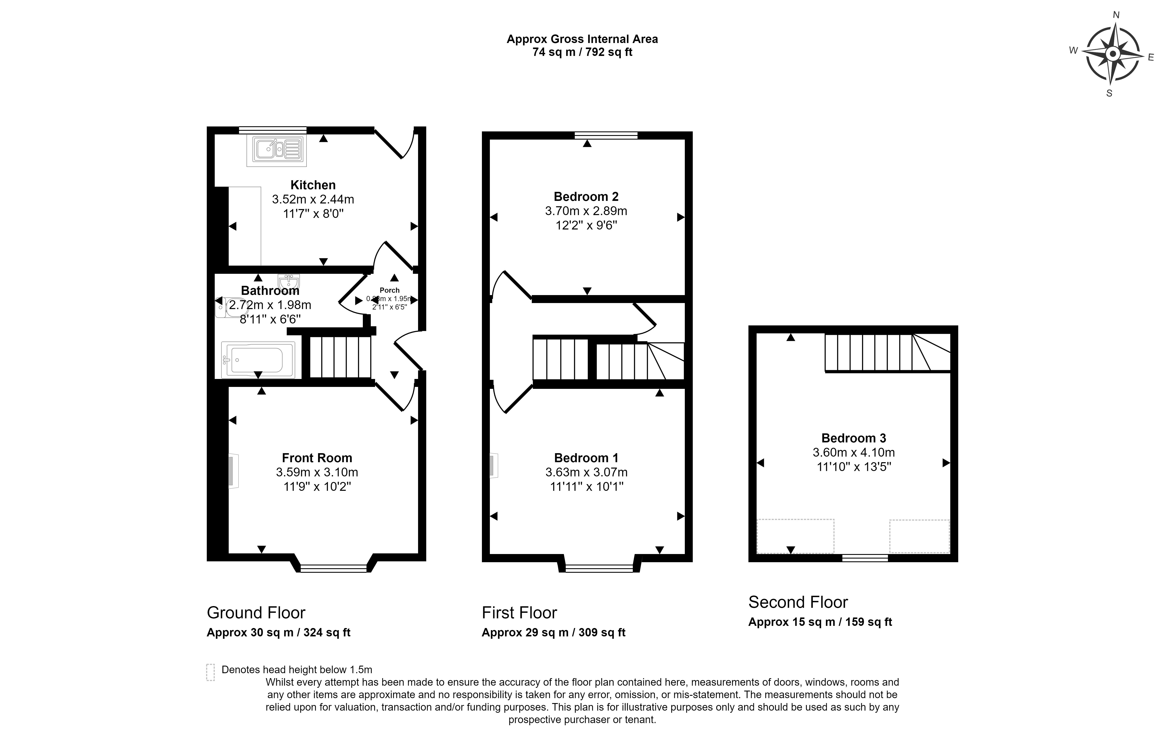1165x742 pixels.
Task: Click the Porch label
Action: pyautogui.click(x=389, y=290)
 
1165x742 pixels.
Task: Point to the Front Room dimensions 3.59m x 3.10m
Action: pyautogui.click(x=317, y=472)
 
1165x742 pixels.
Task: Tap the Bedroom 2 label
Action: pyautogui.click(x=586, y=197)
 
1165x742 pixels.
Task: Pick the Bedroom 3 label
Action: pyautogui.click(x=853, y=438)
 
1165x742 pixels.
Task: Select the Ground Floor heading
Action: pyautogui.click(x=256, y=613)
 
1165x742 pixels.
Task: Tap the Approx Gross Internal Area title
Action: pyautogui.click(x=582, y=39)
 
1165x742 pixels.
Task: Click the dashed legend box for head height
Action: pyautogui.click(x=210, y=672)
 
